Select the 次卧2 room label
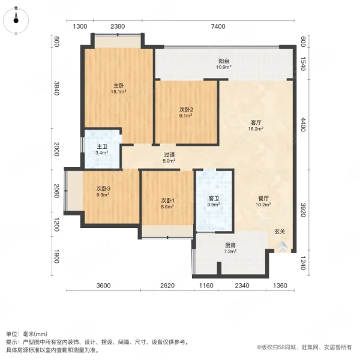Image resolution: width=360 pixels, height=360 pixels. pos(186,109)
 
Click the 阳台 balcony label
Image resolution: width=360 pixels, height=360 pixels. pos(224,61)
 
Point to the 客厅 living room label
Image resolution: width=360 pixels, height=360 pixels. pos(256,122)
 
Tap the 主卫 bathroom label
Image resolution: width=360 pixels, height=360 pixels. pos(102,147)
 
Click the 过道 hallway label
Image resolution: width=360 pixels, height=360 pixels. pos(170,155)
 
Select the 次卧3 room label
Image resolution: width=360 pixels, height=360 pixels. pos(103,188)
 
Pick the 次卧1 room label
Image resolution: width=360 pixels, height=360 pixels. pos(167,200)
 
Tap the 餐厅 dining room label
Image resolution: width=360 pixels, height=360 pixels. pos(263,198)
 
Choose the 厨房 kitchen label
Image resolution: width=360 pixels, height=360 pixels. pos(230,245)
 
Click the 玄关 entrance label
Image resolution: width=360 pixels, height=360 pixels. pos(280,231)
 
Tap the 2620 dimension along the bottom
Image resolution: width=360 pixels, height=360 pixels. pos(167,286)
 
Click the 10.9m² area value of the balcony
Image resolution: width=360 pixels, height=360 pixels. pos(224,67)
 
